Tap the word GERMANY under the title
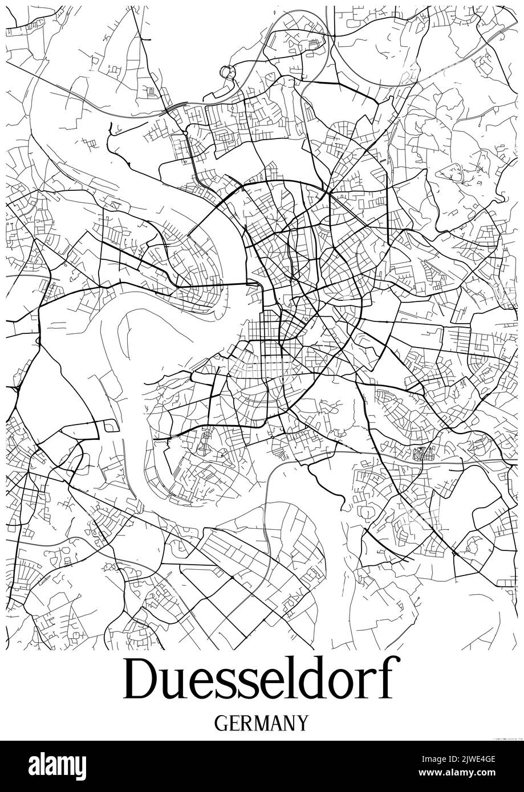coord(262,723)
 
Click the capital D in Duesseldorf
coord(141,679)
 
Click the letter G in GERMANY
coord(221,723)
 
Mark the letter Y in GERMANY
coord(302,723)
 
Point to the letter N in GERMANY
coord(289,723)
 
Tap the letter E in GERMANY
coord(233,723)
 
